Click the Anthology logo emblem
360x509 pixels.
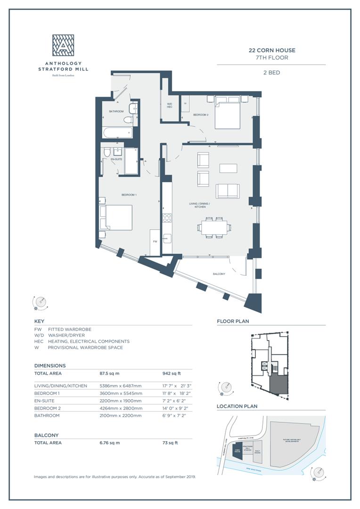pos(63,45)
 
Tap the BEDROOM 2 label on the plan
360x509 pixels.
pos(201,115)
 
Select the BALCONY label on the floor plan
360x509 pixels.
pos(218,274)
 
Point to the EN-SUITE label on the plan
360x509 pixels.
pos(116,159)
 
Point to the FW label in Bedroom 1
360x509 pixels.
pos(155,241)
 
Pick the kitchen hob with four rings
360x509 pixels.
pos(167,218)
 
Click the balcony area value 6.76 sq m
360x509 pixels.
pos(110,443)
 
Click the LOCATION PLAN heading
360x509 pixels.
pos(237,406)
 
